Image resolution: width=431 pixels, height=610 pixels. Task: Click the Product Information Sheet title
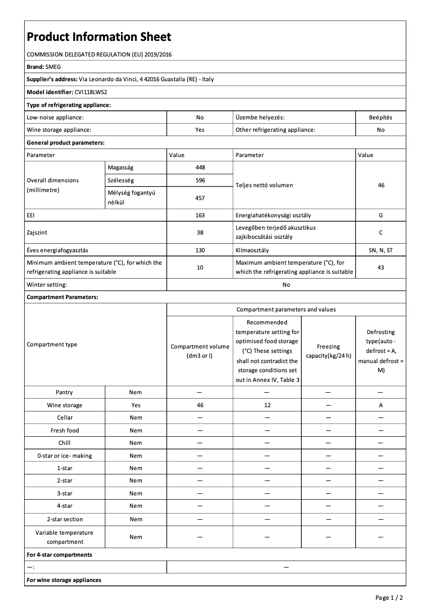click(99, 37)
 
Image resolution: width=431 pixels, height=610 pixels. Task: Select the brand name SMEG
click(53, 67)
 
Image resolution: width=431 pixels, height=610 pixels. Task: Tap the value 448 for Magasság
click(200, 168)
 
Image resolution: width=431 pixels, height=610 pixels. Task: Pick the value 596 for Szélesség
click(200, 181)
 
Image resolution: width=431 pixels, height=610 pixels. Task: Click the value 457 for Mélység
click(200, 198)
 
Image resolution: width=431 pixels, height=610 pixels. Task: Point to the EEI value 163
click(200, 215)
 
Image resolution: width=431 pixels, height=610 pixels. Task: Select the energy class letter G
click(380, 215)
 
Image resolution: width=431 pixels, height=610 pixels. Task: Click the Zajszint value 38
click(200, 232)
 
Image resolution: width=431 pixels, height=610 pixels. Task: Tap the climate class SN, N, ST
click(380, 250)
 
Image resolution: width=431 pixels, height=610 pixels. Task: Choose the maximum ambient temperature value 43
click(380, 267)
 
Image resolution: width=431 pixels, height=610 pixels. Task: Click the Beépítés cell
click(380, 117)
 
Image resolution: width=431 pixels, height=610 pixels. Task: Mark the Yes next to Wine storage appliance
click(200, 130)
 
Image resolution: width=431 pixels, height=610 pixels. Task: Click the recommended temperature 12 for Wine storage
click(267, 405)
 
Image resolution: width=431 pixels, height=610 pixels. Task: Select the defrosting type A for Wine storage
click(380, 405)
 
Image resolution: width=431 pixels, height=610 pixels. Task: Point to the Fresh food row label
click(65, 430)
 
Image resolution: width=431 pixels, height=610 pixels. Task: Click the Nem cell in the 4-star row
click(136, 506)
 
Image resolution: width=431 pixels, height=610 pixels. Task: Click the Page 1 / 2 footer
click(389, 598)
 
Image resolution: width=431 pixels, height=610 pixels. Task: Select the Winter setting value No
click(286, 285)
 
